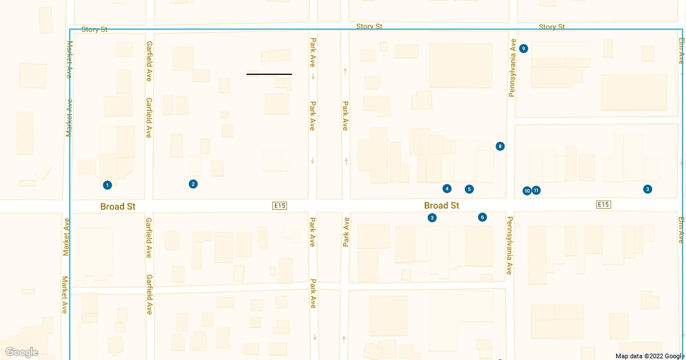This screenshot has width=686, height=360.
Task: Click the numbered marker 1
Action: click(x=107, y=185)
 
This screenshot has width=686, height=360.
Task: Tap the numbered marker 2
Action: click(x=193, y=184)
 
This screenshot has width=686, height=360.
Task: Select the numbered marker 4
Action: click(x=447, y=189)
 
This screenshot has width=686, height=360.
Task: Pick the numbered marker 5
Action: click(x=469, y=189)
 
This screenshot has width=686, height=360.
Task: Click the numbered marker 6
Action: click(x=482, y=217)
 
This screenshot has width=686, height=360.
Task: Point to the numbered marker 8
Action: click(x=500, y=146)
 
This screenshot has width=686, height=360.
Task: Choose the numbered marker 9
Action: click(x=524, y=49)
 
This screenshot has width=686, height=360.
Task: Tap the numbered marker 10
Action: click(x=527, y=191)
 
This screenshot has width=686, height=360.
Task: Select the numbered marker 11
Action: click(x=536, y=190)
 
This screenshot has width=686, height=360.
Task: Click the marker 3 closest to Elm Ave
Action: click(x=647, y=189)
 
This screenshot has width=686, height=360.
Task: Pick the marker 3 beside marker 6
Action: click(x=432, y=218)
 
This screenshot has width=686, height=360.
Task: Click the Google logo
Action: click(x=22, y=352)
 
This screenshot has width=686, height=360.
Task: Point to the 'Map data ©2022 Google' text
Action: click(x=649, y=356)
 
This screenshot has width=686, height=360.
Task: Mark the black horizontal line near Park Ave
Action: click(x=269, y=74)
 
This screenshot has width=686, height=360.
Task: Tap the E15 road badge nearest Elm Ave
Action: click(x=603, y=205)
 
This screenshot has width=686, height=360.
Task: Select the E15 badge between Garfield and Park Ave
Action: click(x=280, y=205)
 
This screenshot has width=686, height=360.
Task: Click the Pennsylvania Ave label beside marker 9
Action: click(x=513, y=67)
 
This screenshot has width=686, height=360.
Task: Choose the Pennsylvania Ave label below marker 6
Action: click(x=509, y=245)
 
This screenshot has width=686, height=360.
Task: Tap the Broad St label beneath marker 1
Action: click(x=118, y=206)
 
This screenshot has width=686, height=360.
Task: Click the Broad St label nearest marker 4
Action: click(x=441, y=205)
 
